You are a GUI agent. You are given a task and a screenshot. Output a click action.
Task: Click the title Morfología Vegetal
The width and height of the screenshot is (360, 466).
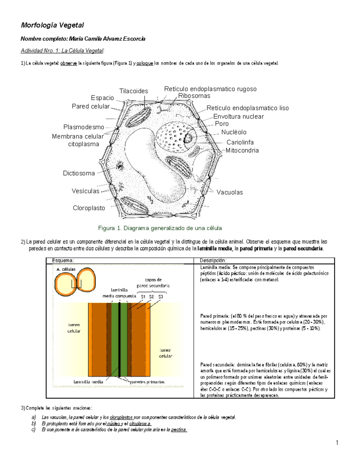(52, 25)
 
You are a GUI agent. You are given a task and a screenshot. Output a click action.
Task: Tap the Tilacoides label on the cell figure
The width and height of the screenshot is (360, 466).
(133, 91)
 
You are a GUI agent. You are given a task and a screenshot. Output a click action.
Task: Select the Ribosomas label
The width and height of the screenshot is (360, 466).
(194, 96)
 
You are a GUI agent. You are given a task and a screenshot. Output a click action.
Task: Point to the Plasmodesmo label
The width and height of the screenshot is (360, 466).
(84, 127)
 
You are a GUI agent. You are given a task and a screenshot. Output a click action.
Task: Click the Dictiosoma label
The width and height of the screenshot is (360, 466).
(79, 173)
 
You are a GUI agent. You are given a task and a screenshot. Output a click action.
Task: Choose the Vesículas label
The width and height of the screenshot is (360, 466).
(85, 191)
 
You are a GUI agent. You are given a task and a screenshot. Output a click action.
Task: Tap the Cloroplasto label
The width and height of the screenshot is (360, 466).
(89, 208)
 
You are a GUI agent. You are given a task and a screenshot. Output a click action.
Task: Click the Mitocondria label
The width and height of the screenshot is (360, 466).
(242, 151)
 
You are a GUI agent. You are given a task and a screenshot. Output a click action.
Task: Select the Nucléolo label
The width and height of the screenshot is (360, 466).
(234, 132)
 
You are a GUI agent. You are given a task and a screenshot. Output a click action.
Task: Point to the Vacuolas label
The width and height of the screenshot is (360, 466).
(230, 193)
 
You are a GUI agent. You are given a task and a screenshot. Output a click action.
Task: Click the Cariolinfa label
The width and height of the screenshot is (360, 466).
(240, 143)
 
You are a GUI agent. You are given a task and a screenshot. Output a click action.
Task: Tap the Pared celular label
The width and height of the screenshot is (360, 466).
(91, 107)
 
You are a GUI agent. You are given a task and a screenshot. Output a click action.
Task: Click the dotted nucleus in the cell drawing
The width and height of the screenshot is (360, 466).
(172, 137)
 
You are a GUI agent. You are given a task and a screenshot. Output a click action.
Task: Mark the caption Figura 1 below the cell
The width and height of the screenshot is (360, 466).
(160, 228)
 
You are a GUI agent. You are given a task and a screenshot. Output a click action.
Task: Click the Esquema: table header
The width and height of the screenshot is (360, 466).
(63, 261)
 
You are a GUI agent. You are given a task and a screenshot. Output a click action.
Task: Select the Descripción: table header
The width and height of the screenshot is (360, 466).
(213, 261)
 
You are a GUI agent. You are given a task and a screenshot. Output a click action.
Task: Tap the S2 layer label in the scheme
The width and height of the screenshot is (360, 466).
(151, 297)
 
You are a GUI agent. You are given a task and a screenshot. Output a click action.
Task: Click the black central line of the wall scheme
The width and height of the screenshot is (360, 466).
(119, 339)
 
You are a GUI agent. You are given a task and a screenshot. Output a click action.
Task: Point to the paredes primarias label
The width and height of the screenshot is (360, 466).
(147, 382)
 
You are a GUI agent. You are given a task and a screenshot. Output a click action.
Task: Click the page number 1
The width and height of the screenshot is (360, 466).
(337, 443)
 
